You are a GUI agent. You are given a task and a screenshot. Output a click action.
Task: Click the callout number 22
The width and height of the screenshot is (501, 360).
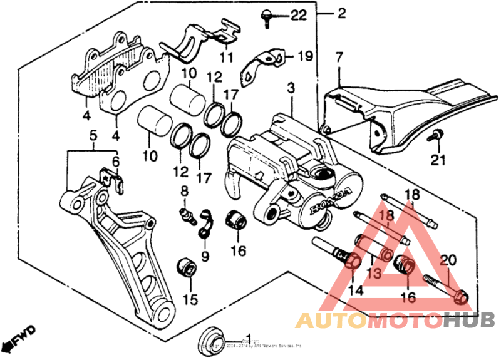(299, 16)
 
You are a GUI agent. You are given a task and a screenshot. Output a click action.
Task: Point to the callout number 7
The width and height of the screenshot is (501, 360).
(339, 58)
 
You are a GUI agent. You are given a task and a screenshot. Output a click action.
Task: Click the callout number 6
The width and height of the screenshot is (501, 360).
(115, 161)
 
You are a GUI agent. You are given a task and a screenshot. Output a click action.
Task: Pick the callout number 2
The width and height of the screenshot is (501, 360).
(341, 13)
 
